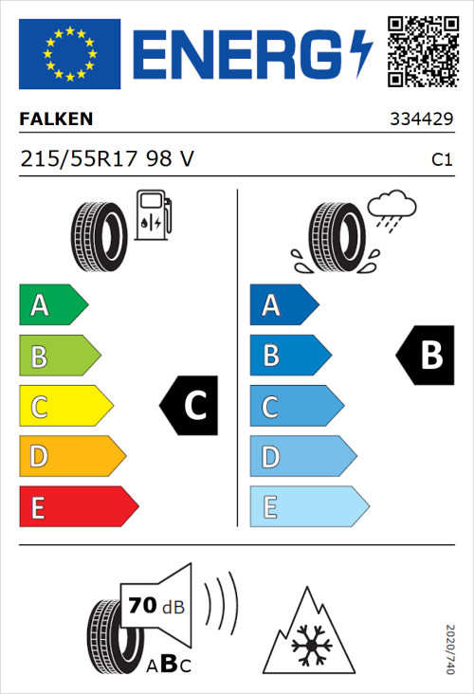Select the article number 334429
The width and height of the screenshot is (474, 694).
click(x=422, y=120)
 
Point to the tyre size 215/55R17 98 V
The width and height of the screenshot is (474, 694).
click(x=107, y=160)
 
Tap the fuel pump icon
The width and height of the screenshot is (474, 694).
click(x=153, y=215)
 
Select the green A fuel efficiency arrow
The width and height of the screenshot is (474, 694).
click(x=52, y=305)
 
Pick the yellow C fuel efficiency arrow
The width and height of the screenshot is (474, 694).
click(x=64, y=407)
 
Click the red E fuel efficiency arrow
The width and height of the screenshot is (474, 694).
click(x=78, y=507)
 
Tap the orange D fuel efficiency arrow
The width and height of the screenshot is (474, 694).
click(x=71, y=457)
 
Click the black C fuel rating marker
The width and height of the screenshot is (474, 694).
click(x=189, y=406)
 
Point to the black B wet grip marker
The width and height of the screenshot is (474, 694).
click(x=425, y=355)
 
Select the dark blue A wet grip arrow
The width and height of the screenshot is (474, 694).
click(x=283, y=305)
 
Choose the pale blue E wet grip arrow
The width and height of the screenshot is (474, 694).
click(x=308, y=507)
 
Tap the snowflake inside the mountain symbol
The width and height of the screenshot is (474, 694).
click(x=308, y=648)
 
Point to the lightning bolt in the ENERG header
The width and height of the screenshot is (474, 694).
click(x=362, y=54)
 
